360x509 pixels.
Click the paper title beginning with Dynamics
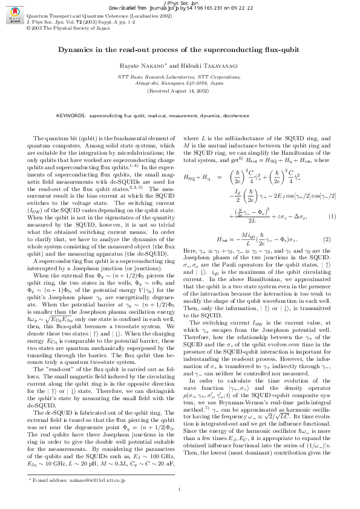[179, 51]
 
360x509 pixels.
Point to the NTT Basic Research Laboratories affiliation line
[179, 78]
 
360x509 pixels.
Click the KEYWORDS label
[71, 114]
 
